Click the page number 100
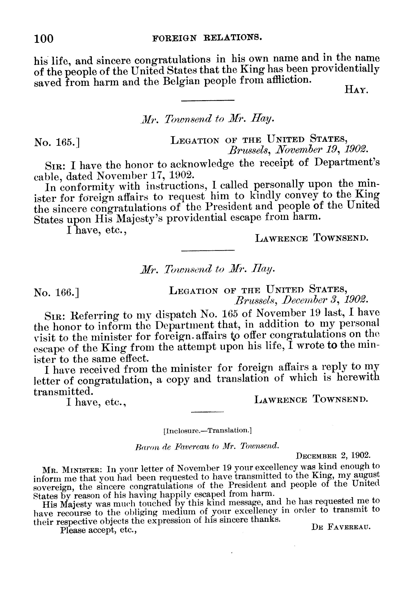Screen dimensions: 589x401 44,39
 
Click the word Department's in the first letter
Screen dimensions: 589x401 347,162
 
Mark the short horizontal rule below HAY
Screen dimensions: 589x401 208,101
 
